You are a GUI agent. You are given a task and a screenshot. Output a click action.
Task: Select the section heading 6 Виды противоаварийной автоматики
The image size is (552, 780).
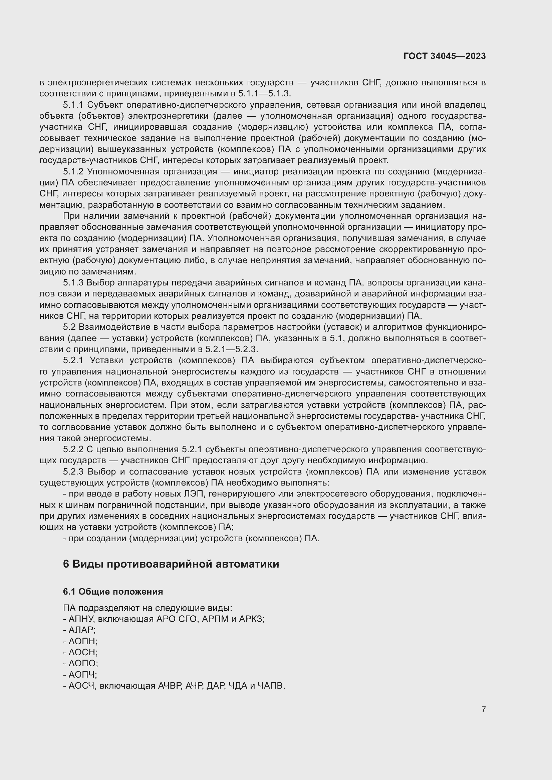click(171, 564)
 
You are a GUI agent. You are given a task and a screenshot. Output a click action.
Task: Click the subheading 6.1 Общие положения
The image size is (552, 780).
click(113, 592)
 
